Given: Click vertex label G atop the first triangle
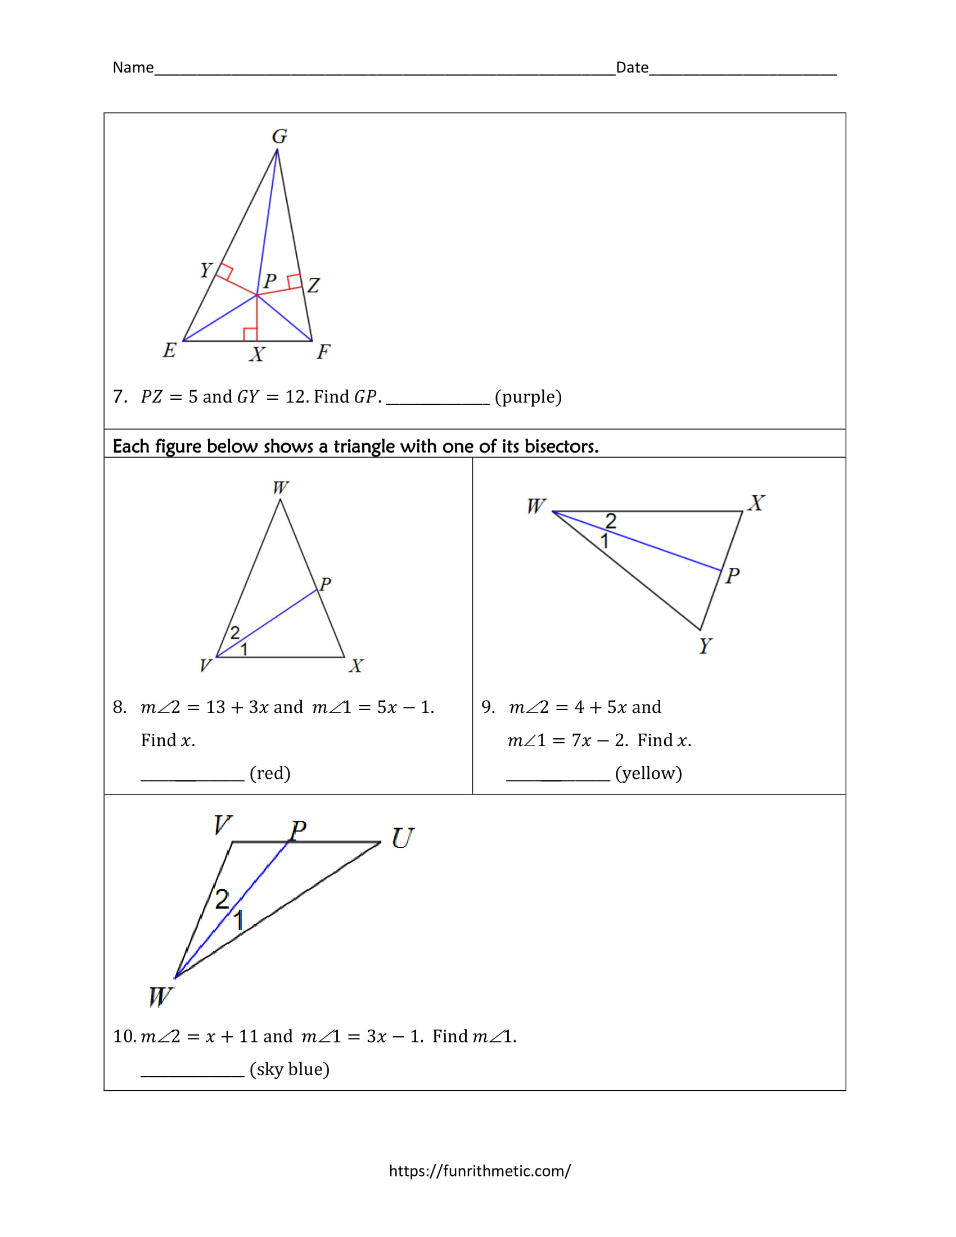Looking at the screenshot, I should pos(280,136).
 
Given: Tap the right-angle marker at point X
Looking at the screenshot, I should pos(250,334).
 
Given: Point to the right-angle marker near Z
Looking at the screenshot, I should pos(294,282).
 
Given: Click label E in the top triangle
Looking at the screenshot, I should pos(169,350).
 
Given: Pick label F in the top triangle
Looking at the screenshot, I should pos(323,352).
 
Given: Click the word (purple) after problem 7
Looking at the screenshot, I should pos(528,397).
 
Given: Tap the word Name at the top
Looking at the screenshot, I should pos(133,67).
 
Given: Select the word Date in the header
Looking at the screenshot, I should pos(632,67).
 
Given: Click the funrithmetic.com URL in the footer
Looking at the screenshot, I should pos(480,1170).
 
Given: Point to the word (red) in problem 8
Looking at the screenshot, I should pos(269,773).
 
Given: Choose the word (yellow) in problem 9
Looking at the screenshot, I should pos(648,773).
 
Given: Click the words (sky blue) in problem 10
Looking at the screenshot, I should pos(290,1069).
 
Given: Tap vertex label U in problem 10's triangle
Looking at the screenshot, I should pos(403,838).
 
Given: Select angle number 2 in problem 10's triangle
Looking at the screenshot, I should pos(222,900).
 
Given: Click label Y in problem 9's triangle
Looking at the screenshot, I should pos(705,645).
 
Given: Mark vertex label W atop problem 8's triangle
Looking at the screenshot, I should pos(281,487).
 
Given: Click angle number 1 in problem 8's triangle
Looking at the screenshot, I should pos(244,649).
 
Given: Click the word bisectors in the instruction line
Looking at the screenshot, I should pos(561,446).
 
